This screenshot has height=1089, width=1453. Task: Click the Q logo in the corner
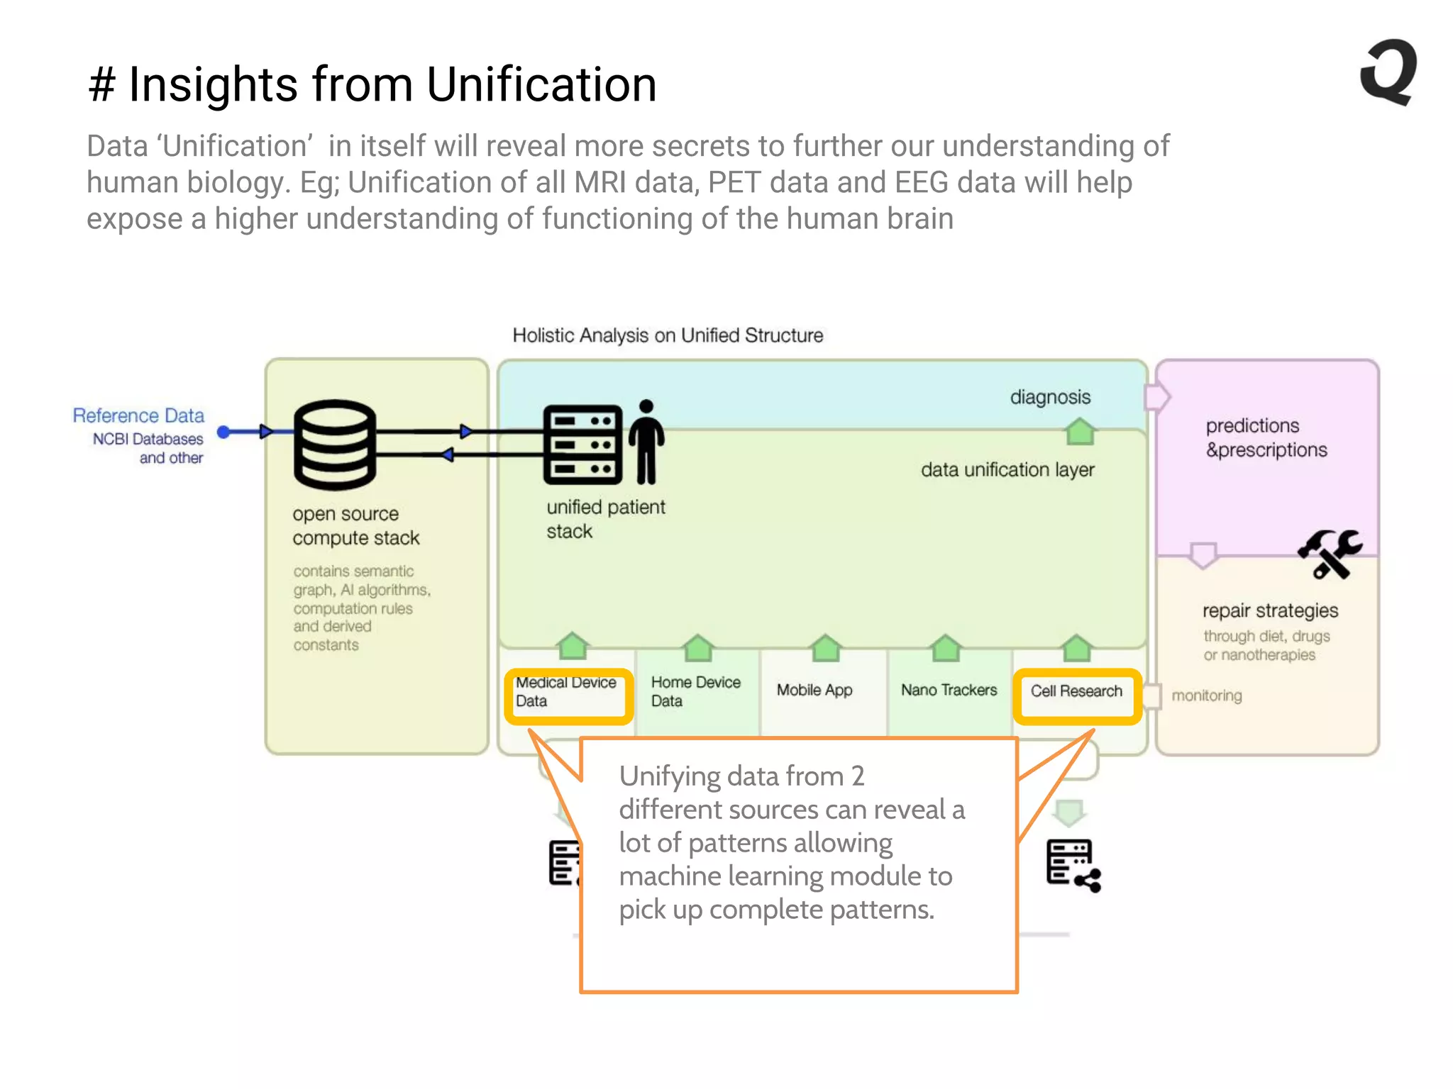click(1389, 72)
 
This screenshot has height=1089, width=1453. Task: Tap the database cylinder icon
click(334, 445)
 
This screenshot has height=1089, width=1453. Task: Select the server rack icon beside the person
click(582, 445)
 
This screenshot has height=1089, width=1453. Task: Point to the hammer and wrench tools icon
click(1330, 554)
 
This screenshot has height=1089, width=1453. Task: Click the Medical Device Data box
click(568, 696)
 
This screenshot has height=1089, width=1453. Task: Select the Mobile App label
click(814, 690)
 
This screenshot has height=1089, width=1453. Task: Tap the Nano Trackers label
click(949, 690)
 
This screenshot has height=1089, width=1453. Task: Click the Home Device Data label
click(695, 691)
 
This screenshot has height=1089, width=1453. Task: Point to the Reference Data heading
click(138, 415)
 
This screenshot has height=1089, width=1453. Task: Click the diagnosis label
click(1050, 397)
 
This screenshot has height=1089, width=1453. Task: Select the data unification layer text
click(1007, 469)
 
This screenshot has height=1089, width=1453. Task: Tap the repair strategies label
click(1270, 610)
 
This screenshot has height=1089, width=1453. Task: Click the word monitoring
click(1206, 696)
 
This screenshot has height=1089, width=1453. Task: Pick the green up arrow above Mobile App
click(826, 647)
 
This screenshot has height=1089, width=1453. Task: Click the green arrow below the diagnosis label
click(1080, 431)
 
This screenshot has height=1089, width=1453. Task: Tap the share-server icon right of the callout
click(1073, 866)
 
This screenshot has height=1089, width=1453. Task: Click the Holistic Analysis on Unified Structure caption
click(668, 335)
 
